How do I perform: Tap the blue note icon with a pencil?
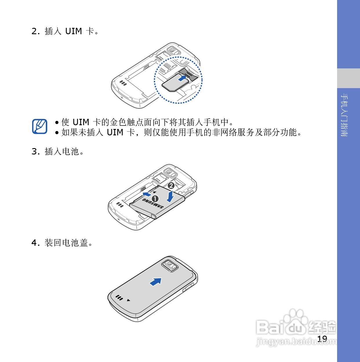[x=40, y=126]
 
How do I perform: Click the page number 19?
[x=322, y=339]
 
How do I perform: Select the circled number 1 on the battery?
[x=155, y=199]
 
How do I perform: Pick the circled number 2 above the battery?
[x=171, y=186]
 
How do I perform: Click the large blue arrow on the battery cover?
[x=156, y=282]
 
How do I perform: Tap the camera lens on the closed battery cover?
[x=170, y=264]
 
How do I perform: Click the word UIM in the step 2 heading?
[x=73, y=31]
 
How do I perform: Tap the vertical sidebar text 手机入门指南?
[x=344, y=115]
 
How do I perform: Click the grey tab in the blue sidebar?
[x=348, y=78]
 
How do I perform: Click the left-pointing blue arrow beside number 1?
[x=147, y=194]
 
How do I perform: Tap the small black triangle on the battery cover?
[x=128, y=300]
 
